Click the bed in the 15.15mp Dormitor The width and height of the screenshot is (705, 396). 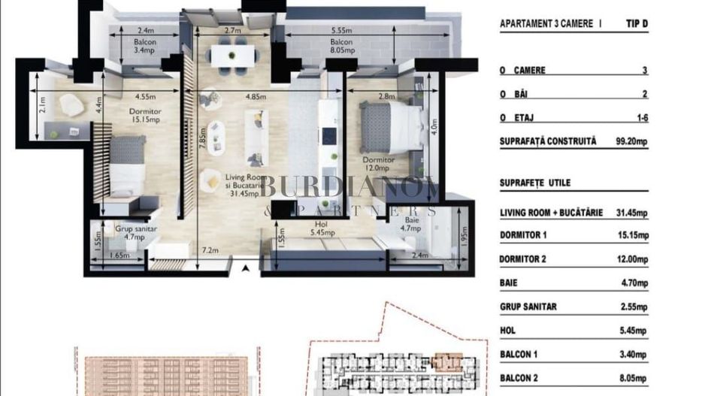click(x=126, y=164)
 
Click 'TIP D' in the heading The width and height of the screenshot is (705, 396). click(x=636, y=24)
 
